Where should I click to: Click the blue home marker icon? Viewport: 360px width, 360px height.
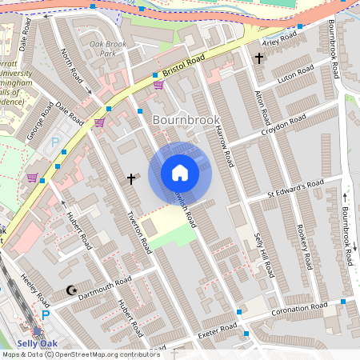coord(180,173)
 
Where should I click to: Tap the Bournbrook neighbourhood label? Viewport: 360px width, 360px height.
coord(185,120)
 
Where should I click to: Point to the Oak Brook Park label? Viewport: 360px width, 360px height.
coord(108,49)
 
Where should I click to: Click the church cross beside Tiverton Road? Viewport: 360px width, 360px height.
coord(130,178)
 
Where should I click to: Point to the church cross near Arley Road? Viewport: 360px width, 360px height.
coord(258,58)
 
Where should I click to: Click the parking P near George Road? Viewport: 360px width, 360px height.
coord(55,141)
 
